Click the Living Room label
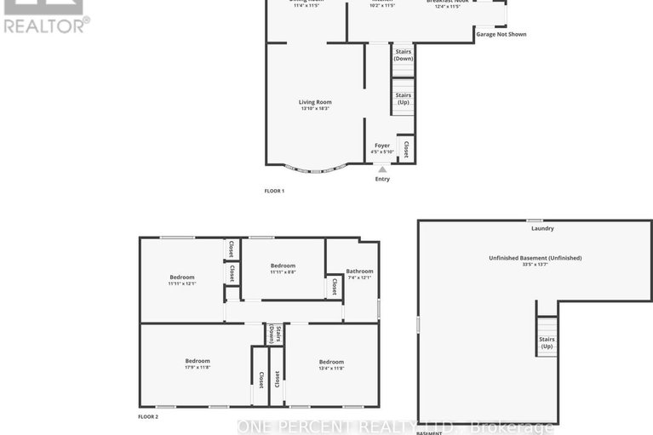pyautogui.click(x=314, y=105)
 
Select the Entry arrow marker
pyautogui.click(x=382, y=169)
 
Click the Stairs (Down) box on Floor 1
pyautogui.click(x=403, y=55)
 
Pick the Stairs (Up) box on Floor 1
pyautogui.click(x=403, y=98)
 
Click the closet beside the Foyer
pyautogui.click(x=406, y=150)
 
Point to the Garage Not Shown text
pyautogui.click(x=501, y=35)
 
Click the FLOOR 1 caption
pyautogui.click(x=274, y=191)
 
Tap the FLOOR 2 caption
pyautogui.click(x=148, y=416)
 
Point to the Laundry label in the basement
pyautogui.click(x=542, y=228)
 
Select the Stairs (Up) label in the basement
pyautogui.click(x=546, y=342)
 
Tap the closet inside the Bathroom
pyautogui.click(x=335, y=287)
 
